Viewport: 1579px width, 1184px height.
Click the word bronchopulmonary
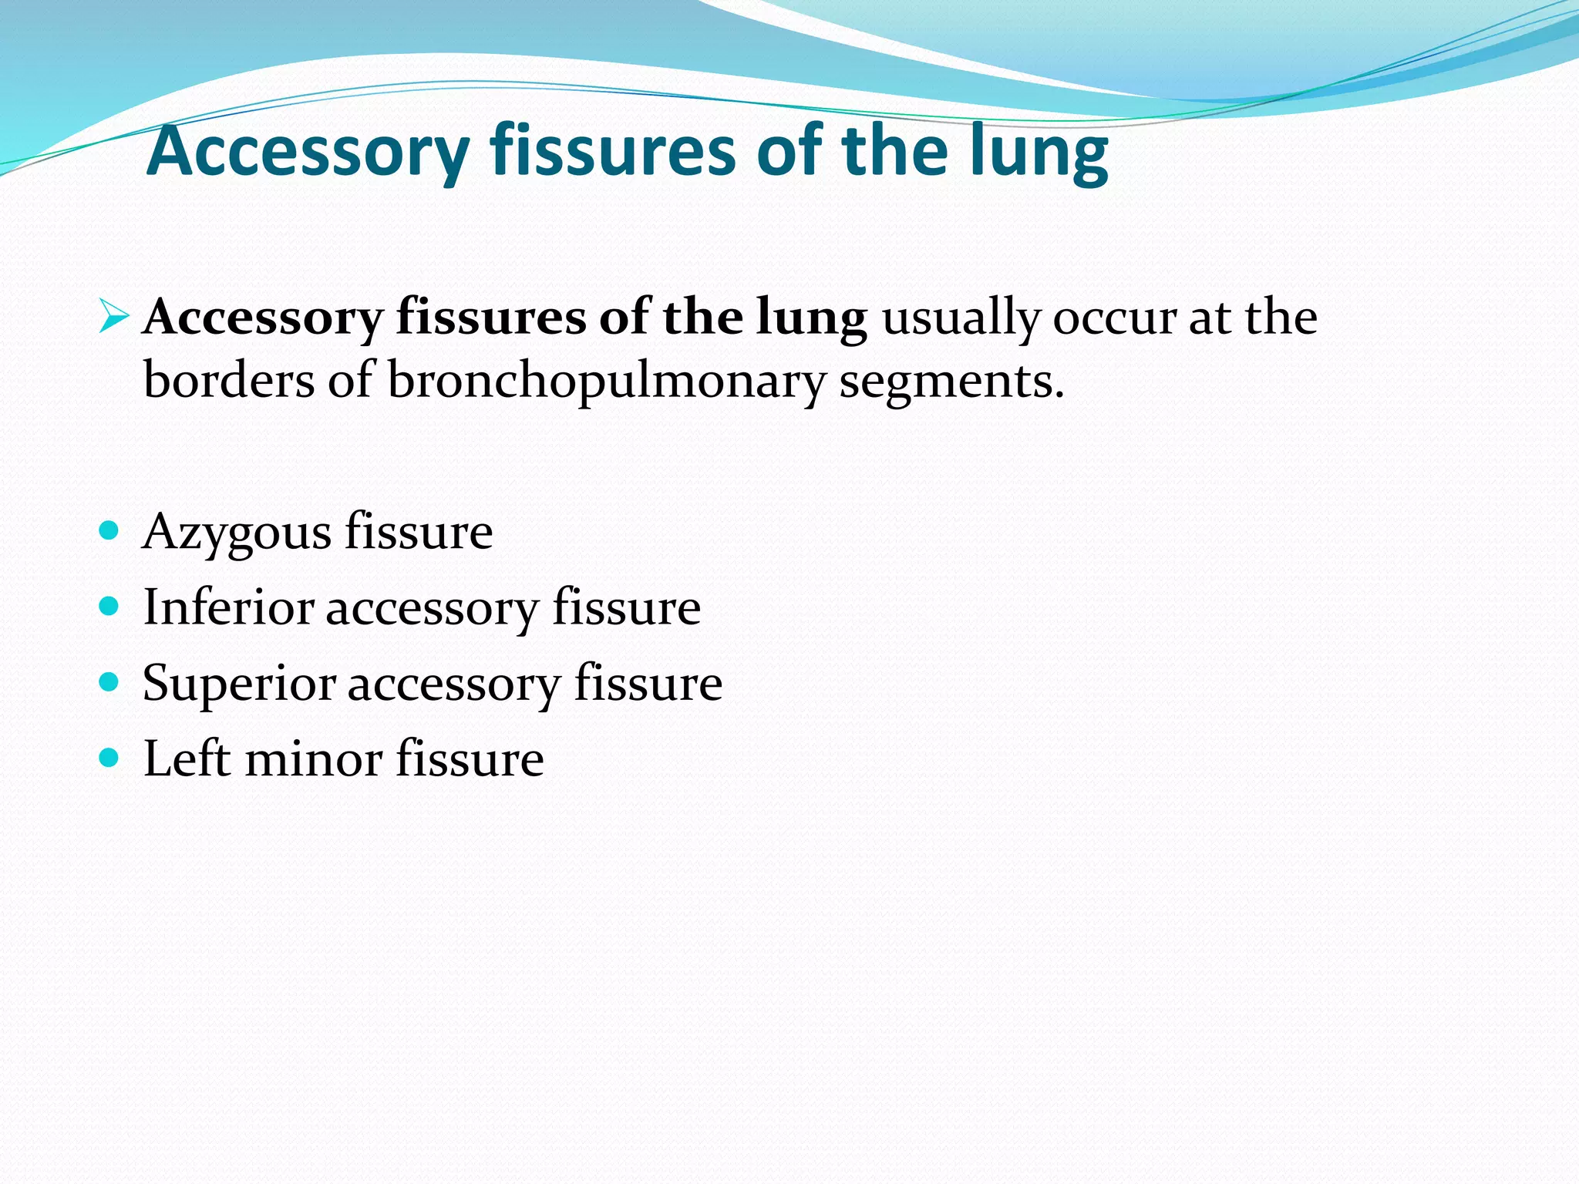(x=605, y=381)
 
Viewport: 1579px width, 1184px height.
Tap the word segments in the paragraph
(x=951, y=381)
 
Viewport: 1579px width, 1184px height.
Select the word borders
(x=229, y=381)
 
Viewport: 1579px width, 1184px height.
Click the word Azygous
(x=237, y=533)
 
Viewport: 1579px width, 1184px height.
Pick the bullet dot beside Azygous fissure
(x=109, y=530)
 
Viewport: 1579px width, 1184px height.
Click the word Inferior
(x=228, y=607)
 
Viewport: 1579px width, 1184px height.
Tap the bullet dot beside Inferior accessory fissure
(x=109, y=607)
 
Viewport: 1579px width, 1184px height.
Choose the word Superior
(x=239, y=684)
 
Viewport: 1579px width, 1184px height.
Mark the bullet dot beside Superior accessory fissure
(x=109, y=682)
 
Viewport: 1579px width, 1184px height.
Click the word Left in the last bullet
(x=187, y=758)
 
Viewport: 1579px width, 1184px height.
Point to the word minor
(x=313, y=758)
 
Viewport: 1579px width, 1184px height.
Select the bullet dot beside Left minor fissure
(x=109, y=758)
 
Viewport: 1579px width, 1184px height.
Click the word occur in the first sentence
(x=1113, y=318)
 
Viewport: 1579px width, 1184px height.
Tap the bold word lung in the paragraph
(x=811, y=318)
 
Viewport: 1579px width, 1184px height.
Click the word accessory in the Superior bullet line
(x=453, y=684)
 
